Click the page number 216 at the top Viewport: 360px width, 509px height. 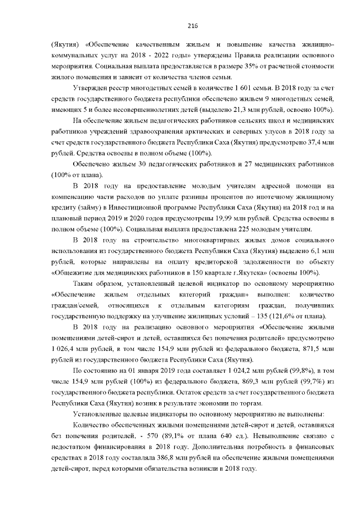[180, 25]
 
